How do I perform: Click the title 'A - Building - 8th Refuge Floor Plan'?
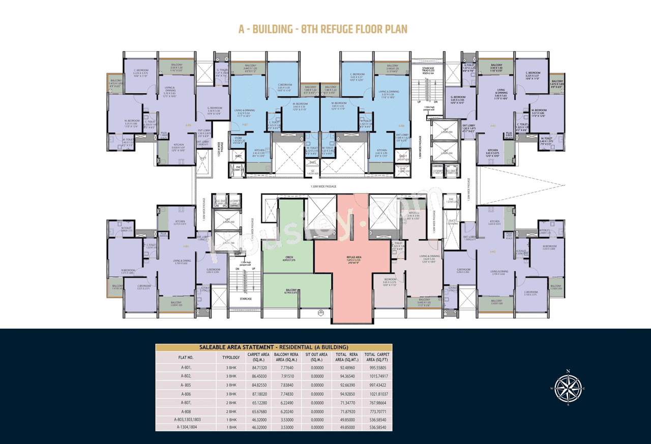click(x=323, y=29)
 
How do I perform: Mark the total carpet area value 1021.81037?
click(x=377, y=394)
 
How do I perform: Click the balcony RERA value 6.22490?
click(x=286, y=403)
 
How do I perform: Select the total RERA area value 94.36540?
click(x=346, y=376)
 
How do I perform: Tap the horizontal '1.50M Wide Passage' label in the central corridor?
click(x=325, y=186)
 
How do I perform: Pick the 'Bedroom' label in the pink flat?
click(x=390, y=279)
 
